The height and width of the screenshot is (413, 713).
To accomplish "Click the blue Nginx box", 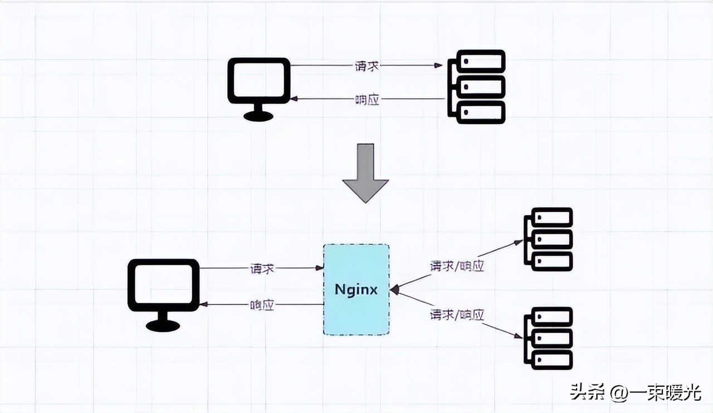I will coord(356,312).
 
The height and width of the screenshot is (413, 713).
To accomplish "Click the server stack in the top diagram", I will coord(477,86).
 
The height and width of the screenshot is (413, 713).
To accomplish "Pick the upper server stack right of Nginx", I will coord(549,239).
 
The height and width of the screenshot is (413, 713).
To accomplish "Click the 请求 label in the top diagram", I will coord(367,66).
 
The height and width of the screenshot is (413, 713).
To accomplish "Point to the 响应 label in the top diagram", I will coord(367,100).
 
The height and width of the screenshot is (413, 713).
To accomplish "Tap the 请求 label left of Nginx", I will coord(262,268).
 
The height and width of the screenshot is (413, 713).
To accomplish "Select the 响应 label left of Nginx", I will coord(262,304).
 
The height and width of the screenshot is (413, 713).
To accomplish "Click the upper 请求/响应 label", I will coord(457,266).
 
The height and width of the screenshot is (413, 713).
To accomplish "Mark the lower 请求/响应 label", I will coord(457,315).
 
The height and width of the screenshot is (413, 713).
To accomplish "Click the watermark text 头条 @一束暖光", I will coord(634,393).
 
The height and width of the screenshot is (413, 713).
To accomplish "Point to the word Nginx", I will coord(356,289).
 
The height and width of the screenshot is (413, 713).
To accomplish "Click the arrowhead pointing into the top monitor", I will coord(294,99).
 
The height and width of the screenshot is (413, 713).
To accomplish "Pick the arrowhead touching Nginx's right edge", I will coord(394,289).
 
